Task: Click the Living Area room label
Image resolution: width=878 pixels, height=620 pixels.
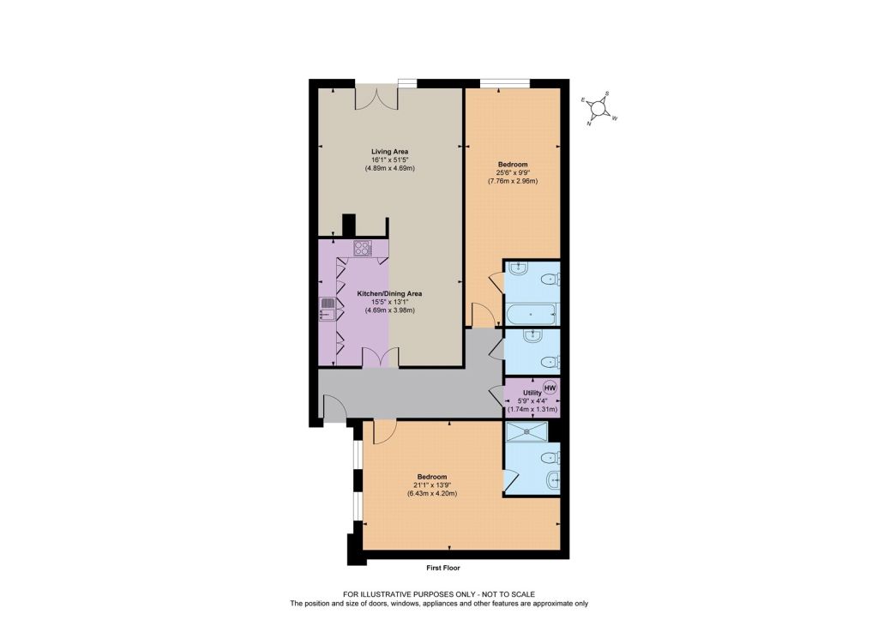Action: pyautogui.click(x=390, y=151)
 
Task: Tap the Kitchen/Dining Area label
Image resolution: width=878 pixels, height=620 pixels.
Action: pyautogui.click(x=390, y=293)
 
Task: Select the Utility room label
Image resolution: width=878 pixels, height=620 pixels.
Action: pyautogui.click(x=532, y=393)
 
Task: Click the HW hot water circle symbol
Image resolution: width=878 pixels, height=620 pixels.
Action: pyautogui.click(x=550, y=388)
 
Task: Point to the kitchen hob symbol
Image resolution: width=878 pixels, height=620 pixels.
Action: pyautogui.click(x=363, y=248)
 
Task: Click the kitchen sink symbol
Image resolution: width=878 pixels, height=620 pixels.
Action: pyautogui.click(x=327, y=309)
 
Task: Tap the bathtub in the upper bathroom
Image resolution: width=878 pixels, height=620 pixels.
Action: pyautogui.click(x=531, y=314)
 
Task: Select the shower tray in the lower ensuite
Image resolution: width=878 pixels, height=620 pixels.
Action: pyautogui.click(x=526, y=431)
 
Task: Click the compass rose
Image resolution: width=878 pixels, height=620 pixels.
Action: pyautogui.click(x=598, y=109)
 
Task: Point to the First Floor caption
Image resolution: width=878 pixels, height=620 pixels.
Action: pyautogui.click(x=443, y=568)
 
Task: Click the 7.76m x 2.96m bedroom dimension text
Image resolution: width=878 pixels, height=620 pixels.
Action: pyautogui.click(x=513, y=181)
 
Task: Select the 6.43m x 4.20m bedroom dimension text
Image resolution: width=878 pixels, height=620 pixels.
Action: pyautogui.click(x=432, y=493)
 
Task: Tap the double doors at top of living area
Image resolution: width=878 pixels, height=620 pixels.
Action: pyautogui.click(x=376, y=99)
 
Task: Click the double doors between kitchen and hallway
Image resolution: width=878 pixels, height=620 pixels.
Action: pyautogui.click(x=380, y=357)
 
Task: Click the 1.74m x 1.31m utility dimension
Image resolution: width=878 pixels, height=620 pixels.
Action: pyautogui.click(x=532, y=409)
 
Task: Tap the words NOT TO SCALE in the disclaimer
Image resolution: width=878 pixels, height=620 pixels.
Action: pyautogui.click(x=508, y=594)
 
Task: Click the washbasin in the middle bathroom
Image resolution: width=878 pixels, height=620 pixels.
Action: pyautogui.click(x=531, y=336)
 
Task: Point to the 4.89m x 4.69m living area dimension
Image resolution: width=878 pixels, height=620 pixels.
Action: pyautogui.click(x=390, y=168)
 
